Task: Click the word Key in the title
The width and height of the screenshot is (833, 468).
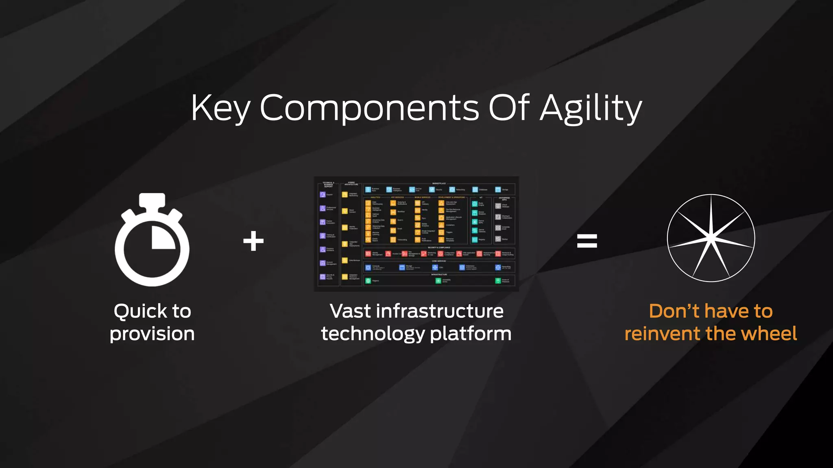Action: click(220, 108)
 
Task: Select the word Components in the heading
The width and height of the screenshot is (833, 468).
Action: click(369, 108)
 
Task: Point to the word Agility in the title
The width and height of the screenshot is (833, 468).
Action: click(591, 108)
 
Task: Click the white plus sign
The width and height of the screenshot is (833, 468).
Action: click(253, 241)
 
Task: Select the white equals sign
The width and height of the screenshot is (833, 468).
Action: click(587, 241)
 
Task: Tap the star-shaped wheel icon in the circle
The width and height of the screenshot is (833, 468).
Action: click(711, 238)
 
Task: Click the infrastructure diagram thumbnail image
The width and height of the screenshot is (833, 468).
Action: click(416, 234)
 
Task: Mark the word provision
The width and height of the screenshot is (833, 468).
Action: click(152, 334)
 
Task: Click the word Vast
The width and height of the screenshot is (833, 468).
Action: click(350, 312)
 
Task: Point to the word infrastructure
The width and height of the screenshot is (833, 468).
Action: click(440, 312)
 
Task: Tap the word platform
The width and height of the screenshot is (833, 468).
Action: click(471, 334)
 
